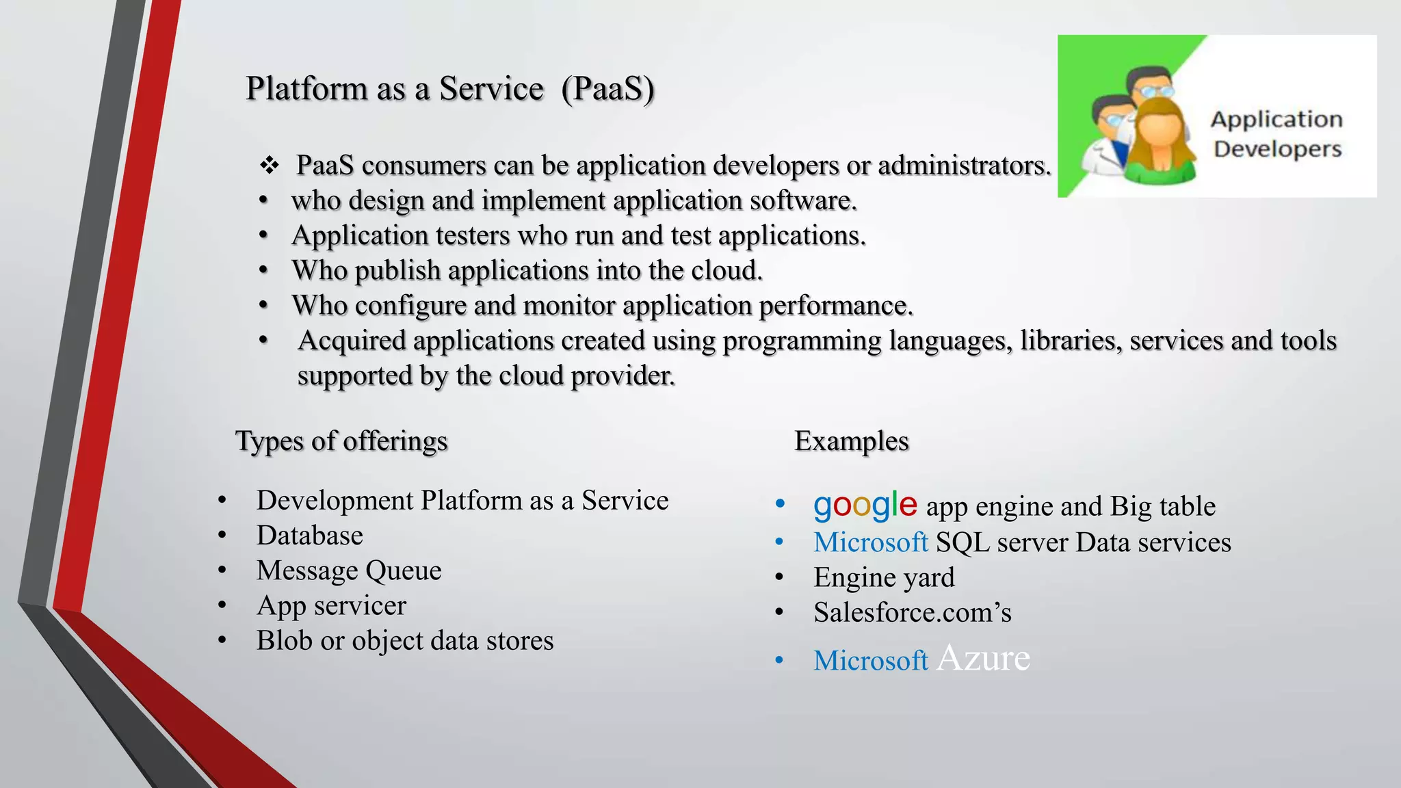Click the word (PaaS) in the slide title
click(x=607, y=89)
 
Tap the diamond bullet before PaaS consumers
click(x=270, y=165)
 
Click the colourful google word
click(x=865, y=505)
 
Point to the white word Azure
click(x=983, y=658)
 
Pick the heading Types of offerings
click(x=341, y=441)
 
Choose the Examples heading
click(x=852, y=441)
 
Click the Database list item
click(x=310, y=536)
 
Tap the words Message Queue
click(x=349, y=570)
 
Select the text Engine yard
click(x=884, y=577)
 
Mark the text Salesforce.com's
click(x=913, y=612)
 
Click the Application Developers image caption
click(x=1276, y=134)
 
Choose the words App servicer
click(x=331, y=605)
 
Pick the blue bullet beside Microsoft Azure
click(x=779, y=661)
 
